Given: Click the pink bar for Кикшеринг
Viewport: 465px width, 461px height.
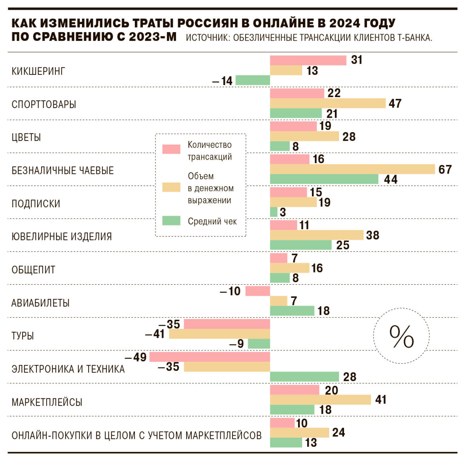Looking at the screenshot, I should tap(308, 60).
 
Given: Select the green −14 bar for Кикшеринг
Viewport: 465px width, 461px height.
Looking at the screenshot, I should tap(253, 80).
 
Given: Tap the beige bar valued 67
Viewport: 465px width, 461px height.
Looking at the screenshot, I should tap(352, 170).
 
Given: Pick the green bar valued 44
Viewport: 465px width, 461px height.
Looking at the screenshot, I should tap(324, 179).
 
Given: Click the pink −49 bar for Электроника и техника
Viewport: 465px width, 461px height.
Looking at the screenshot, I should tap(210, 357).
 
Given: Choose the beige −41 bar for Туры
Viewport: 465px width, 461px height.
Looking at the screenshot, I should tap(219, 334).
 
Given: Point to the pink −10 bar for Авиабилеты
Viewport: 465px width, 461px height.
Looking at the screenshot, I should tap(257, 291).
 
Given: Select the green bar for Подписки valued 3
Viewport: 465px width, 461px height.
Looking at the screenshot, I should tap(274, 212).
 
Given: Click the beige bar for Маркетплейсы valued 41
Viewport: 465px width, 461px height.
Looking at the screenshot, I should tap(320, 400).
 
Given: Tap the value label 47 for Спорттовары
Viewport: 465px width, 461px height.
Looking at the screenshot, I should tap(395, 103).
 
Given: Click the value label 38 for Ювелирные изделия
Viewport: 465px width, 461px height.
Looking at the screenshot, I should tap(372, 235).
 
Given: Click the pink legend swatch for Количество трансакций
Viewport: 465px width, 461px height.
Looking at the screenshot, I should tap(171, 149).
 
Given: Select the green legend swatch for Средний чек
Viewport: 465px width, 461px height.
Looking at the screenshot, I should tap(171, 221).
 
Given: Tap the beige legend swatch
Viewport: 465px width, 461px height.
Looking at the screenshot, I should tap(171, 187).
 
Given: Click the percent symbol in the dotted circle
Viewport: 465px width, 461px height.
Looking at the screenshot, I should tap(401, 336).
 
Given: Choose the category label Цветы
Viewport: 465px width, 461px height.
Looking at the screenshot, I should tap(26, 137).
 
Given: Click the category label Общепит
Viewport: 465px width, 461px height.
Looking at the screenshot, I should tap(33, 270).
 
